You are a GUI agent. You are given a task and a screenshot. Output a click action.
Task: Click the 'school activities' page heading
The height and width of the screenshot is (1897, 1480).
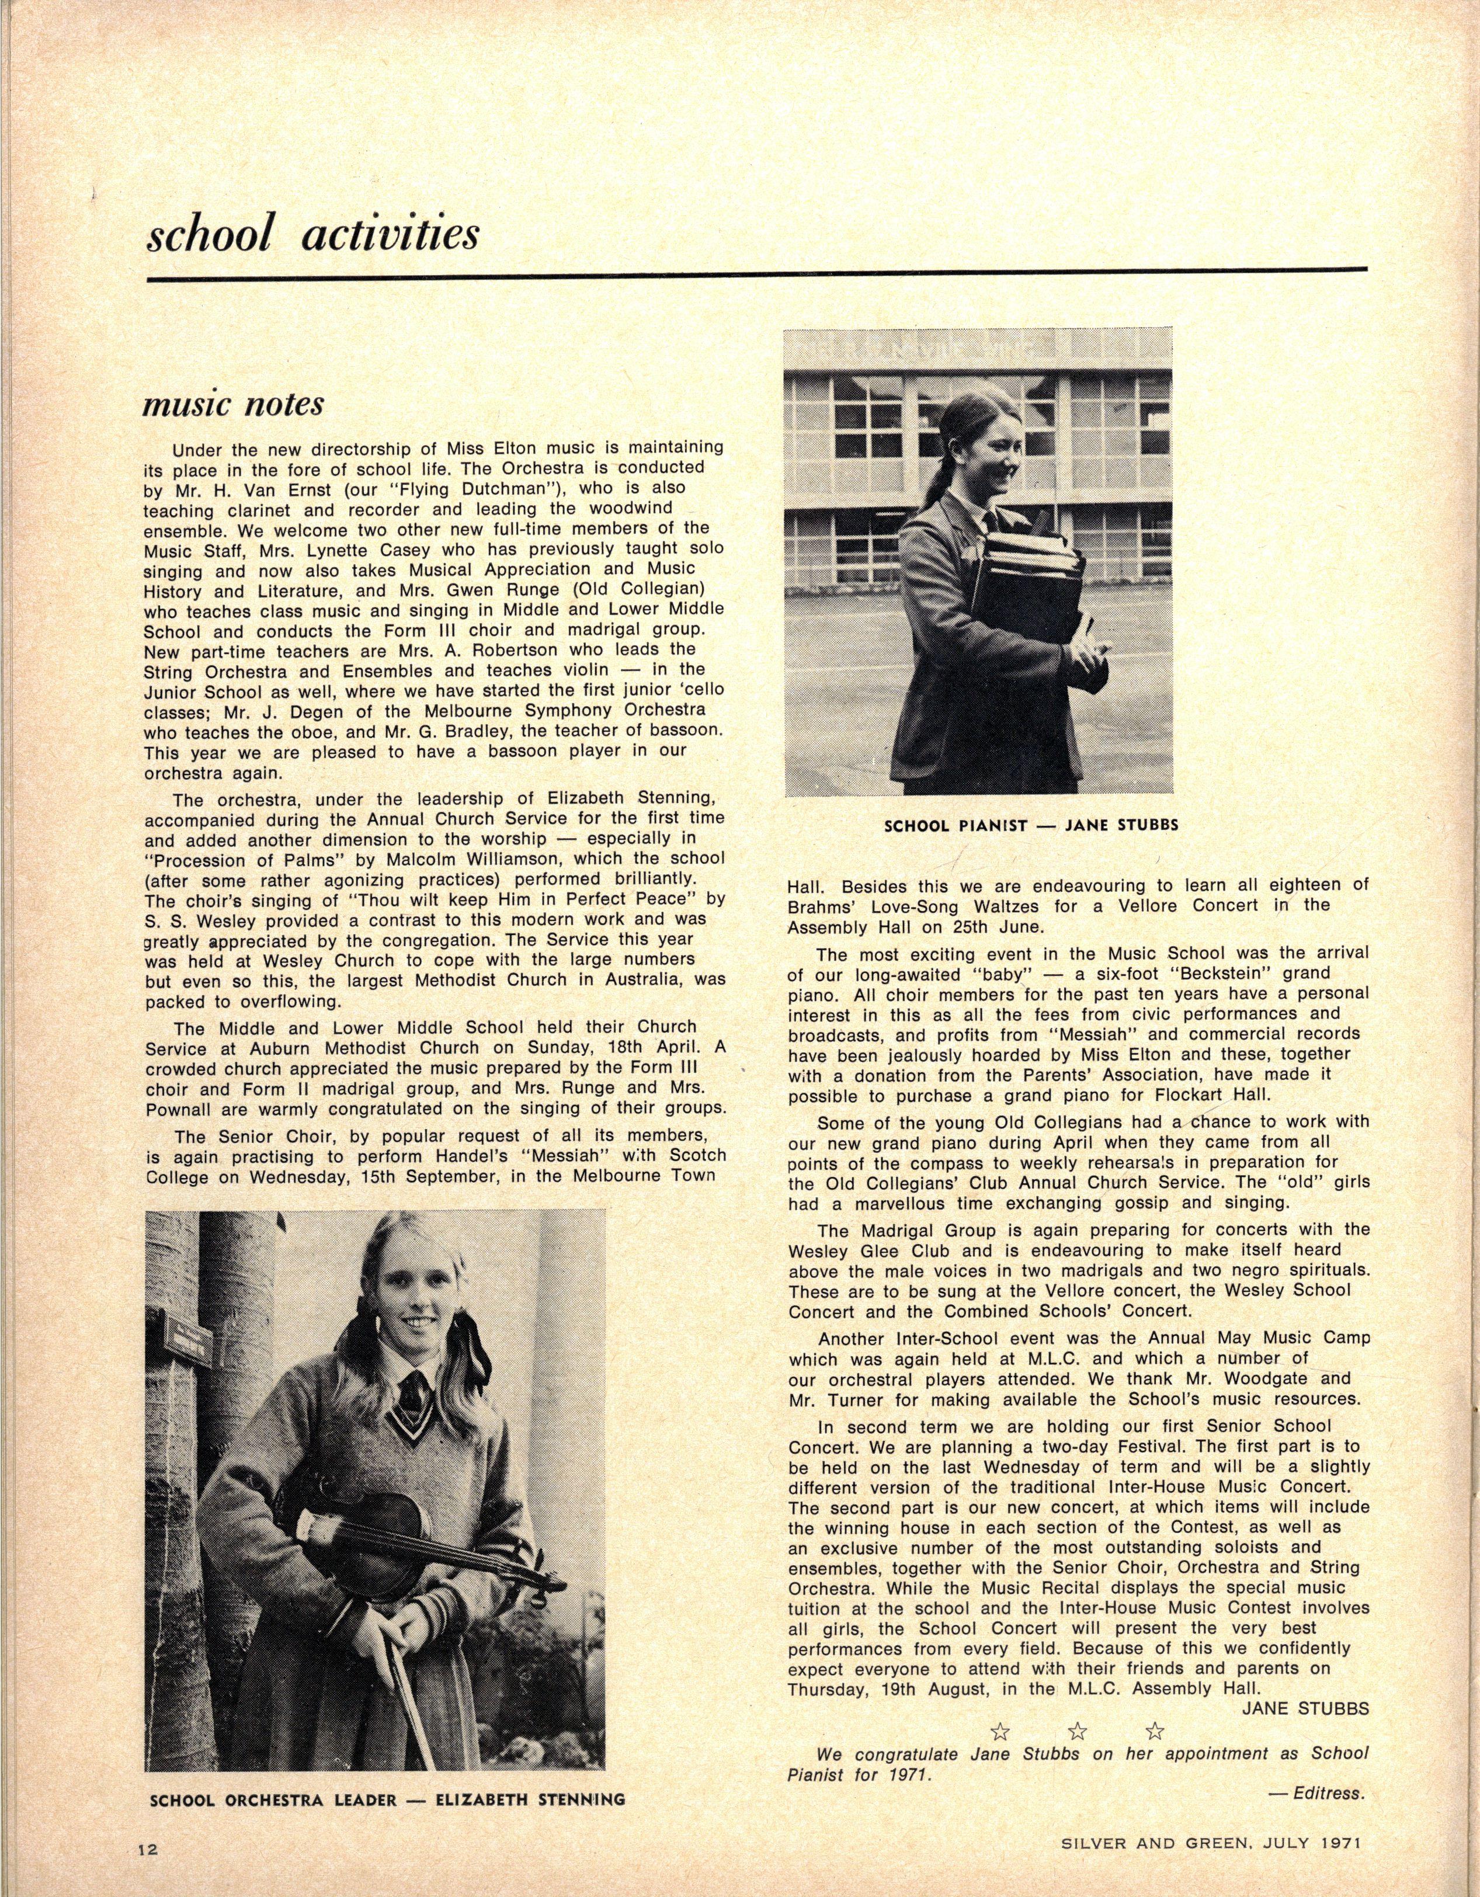pyautogui.click(x=312, y=235)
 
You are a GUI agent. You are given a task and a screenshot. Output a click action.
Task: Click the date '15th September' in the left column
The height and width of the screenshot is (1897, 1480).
pyautogui.click(x=390, y=1176)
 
